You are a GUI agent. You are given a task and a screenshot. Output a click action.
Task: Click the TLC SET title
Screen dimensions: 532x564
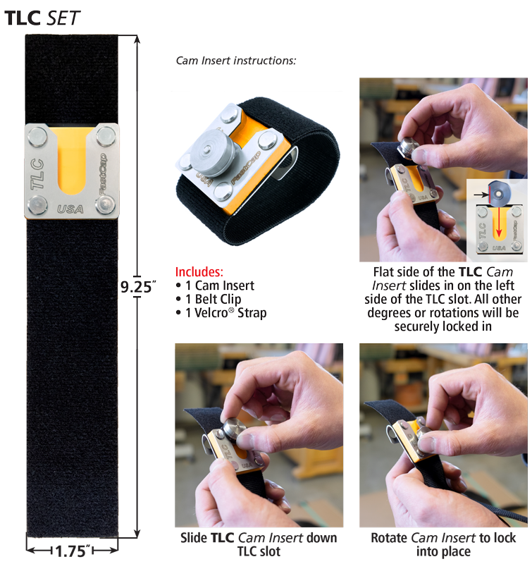click(x=42, y=18)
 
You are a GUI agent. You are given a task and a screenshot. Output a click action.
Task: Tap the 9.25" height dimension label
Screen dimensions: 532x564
click(x=138, y=287)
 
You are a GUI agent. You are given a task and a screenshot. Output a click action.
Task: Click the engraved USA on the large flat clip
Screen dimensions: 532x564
click(x=70, y=209)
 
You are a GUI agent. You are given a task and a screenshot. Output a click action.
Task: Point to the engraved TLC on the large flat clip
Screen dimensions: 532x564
click(x=37, y=174)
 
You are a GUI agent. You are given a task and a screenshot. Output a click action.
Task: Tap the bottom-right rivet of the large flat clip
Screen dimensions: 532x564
click(x=106, y=204)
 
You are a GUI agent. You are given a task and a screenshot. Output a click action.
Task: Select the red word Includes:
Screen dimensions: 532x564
click(x=199, y=271)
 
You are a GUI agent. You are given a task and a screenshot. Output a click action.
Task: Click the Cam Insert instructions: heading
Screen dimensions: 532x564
click(x=236, y=61)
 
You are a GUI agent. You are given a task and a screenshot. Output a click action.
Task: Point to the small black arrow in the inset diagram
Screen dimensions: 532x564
click(x=481, y=195)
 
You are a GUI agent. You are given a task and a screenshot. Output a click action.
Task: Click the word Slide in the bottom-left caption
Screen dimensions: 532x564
click(x=194, y=538)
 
